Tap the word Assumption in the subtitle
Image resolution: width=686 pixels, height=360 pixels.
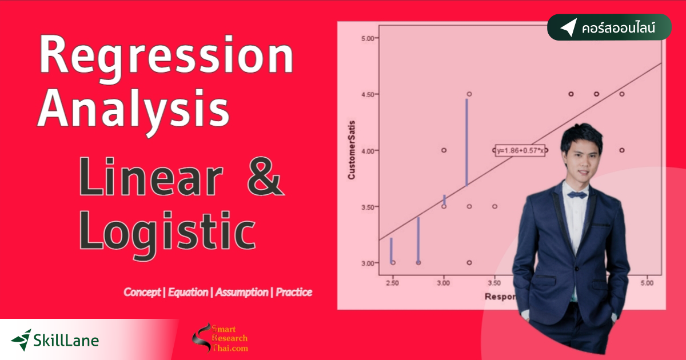point(241,292)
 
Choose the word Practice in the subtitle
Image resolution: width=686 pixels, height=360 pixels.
point(294,292)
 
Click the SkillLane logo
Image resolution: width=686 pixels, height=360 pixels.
point(55,341)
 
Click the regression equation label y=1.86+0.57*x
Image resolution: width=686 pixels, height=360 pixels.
point(520,150)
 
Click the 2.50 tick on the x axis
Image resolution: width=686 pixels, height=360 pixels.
point(392,283)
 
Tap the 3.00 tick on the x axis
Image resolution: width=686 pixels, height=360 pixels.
point(443,283)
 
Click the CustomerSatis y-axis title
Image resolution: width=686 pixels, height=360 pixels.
point(352,150)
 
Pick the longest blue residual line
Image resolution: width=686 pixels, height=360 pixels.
point(467,142)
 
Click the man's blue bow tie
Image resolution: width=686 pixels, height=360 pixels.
point(577,194)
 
